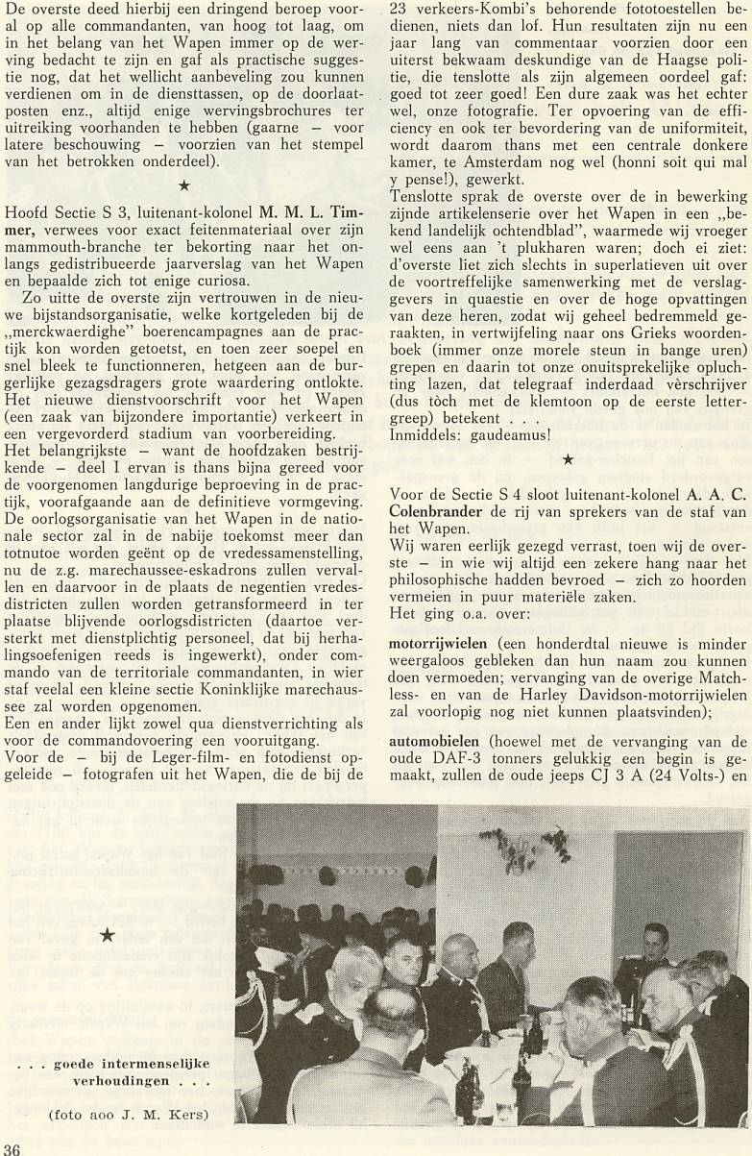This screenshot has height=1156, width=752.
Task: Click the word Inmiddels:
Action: point(422,434)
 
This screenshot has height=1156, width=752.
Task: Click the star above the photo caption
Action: point(108,935)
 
